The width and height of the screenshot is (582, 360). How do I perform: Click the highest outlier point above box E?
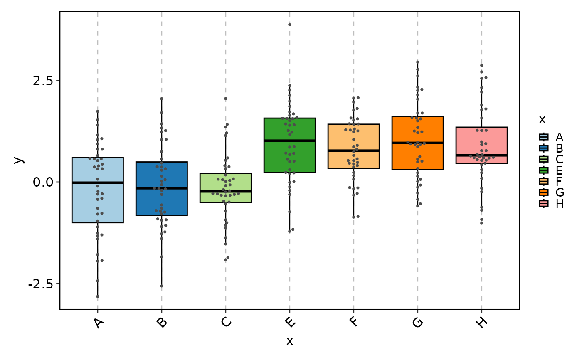click(289, 25)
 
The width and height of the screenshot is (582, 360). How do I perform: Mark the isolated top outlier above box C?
click(226, 99)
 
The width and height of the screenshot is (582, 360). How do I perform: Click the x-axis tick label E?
click(289, 322)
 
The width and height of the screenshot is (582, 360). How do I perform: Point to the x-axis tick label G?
click(417, 322)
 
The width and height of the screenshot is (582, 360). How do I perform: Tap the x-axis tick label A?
click(97, 322)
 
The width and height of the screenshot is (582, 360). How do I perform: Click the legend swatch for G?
click(544, 192)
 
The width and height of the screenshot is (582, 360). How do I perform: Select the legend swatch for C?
click(544, 159)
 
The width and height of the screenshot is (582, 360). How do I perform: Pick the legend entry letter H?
click(560, 204)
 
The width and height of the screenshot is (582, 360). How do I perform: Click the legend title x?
click(542, 120)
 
